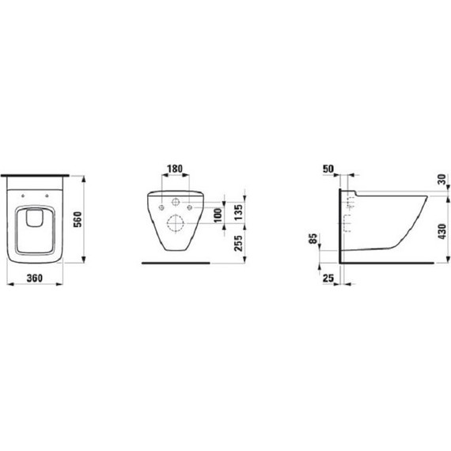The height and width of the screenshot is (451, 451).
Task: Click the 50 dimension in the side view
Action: click(330, 169)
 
